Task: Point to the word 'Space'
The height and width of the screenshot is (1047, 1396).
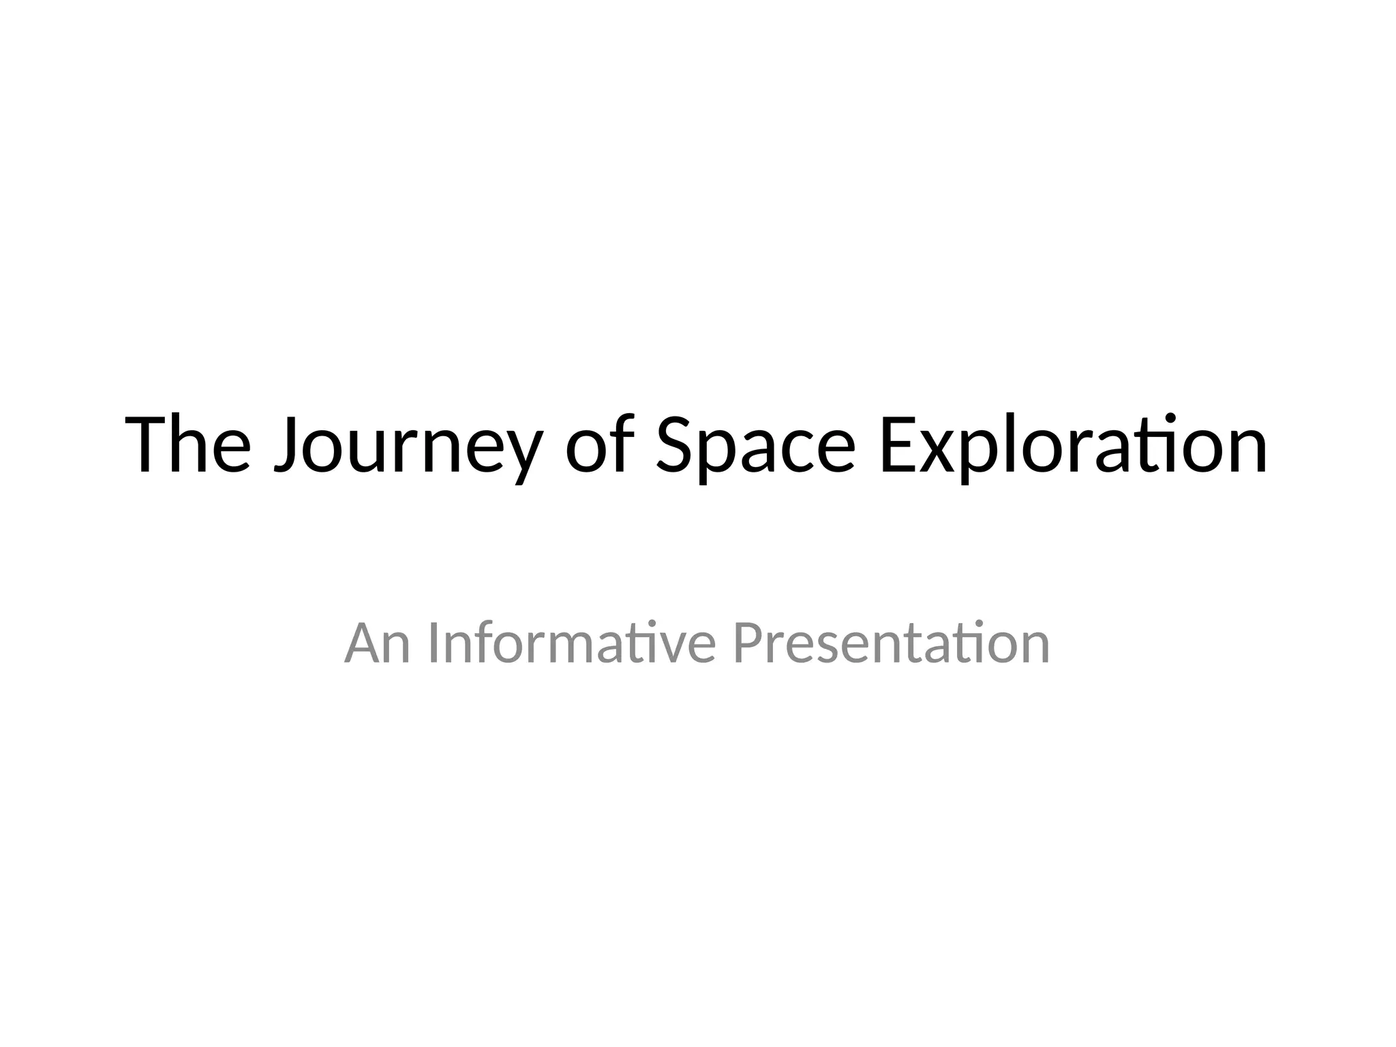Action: click(x=755, y=446)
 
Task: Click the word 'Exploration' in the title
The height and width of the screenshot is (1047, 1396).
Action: click(x=1073, y=444)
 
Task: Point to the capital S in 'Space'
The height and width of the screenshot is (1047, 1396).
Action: click(x=676, y=444)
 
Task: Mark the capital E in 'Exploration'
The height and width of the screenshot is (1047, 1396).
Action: click(x=896, y=444)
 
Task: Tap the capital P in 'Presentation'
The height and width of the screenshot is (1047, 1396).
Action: click(x=748, y=643)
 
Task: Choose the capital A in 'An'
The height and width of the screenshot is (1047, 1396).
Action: click(x=362, y=643)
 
